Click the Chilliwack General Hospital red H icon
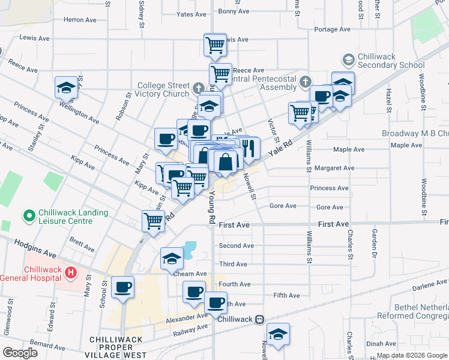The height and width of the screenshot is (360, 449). click(x=71, y=273)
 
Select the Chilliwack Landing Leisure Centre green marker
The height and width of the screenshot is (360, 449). click(x=28, y=215)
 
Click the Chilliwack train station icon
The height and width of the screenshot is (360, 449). click(x=259, y=319)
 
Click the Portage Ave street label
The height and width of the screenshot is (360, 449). click(x=332, y=29)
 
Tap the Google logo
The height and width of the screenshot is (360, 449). click(x=20, y=352)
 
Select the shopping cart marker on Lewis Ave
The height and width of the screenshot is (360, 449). click(x=215, y=44)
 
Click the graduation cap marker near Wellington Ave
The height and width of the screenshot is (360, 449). click(x=66, y=88)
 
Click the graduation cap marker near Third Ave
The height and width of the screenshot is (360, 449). click(x=172, y=259)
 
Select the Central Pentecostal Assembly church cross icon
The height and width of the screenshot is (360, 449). click(x=306, y=81)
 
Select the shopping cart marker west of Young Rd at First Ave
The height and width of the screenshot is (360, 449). click(x=153, y=221)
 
